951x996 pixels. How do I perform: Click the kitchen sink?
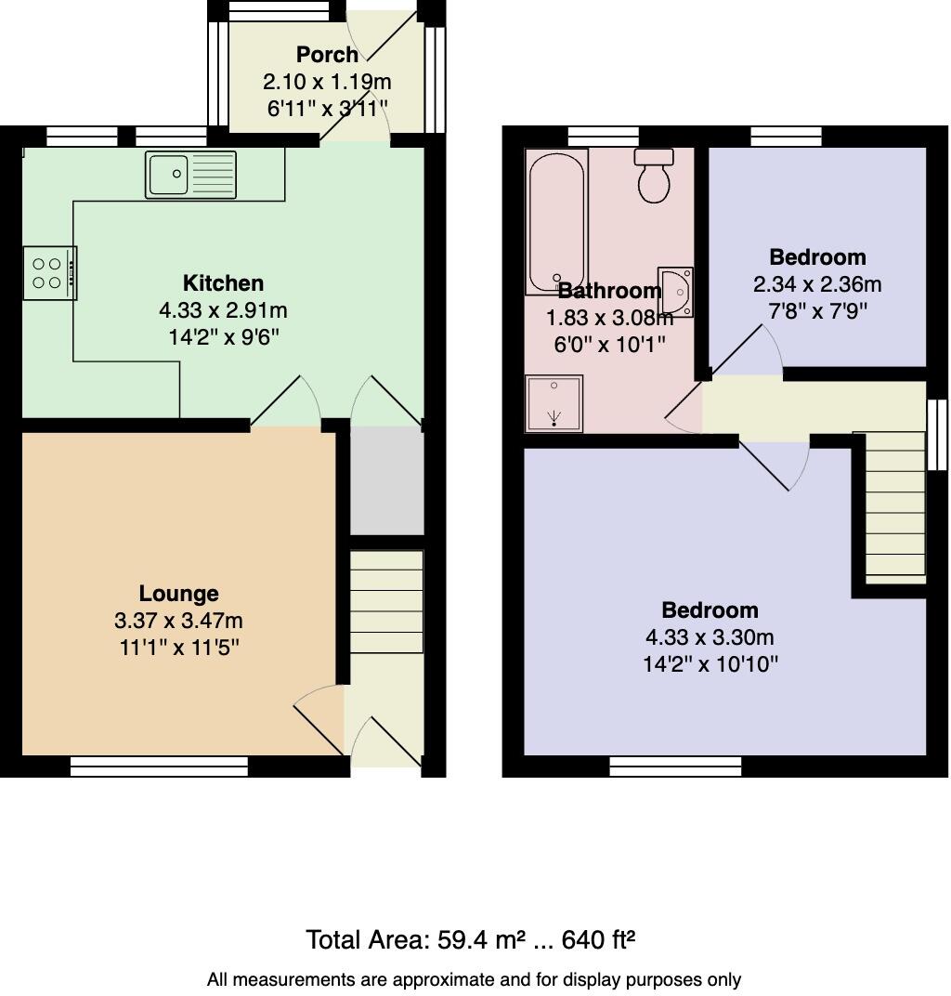pyautogui.click(x=190, y=174)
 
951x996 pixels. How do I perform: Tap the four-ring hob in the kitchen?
pyautogui.click(x=49, y=273)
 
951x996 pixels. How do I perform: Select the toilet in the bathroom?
pyautogui.click(x=656, y=176)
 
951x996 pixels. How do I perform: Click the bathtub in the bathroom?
pyautogui.click(x=555, y=222)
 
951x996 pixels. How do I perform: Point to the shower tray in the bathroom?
pyautogui.click(x=554, y=403)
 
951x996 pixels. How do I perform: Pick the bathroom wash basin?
pyautogui.click(x=675, y=292)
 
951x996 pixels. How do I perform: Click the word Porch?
pyautogui.click(x=327, y=55)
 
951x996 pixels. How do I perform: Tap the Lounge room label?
pyautogui.click(x=178, y=593)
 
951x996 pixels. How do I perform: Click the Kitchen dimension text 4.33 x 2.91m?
pyautogui.click(x=223, y=309)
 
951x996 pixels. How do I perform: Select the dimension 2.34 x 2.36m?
pyautogui.click(x=817, y=283)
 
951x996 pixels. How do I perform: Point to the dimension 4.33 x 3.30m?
pyautogui.click(x=710, y=637)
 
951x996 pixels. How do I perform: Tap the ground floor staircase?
pyautogui.click(x=386, y=602)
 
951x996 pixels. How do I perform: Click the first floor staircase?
pyautogui.click(x=890, y=507)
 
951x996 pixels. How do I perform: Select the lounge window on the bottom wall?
pyautogui.click(x=159, y=766)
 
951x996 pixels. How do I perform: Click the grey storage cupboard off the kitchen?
pyautogui.click(x=386, y=480)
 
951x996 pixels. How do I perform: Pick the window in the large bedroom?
pyautogui.click(x=675, y=766)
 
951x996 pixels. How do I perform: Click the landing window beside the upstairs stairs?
pyautogui.click(x=937, y=434)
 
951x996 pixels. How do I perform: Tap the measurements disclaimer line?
pyautogui.click(x=474, y=979)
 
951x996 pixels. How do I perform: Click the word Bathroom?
pyautogui.click(x=609, y=290)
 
